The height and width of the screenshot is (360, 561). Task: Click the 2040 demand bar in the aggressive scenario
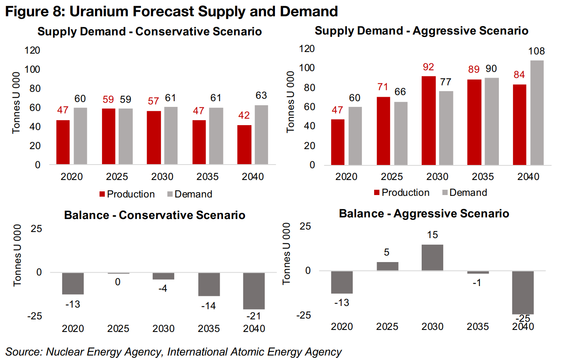pos(537,113)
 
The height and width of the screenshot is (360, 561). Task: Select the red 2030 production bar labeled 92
pos(429,120)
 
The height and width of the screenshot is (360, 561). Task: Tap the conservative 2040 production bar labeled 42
pos(244,145)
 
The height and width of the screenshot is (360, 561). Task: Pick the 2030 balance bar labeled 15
pos(432,258)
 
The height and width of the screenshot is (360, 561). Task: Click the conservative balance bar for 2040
pos(254,291)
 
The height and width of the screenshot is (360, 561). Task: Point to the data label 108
pos(536,51)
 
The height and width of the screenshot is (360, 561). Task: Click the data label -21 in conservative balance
pos(253,316)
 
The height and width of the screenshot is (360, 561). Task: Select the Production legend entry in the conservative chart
pos(127,194)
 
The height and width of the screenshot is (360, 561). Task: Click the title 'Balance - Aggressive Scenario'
pos(424,214)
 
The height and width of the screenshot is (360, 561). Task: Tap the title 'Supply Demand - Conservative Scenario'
pos(149,32)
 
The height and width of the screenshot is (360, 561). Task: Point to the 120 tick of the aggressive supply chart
pos(307,49)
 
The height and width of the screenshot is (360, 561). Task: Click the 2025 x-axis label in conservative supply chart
pos(117,177)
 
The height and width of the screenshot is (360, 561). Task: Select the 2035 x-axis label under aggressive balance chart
pos(478,327)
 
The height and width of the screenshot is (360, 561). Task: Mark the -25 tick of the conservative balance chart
pos(35,316)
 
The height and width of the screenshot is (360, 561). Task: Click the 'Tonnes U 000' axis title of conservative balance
pos(17,255)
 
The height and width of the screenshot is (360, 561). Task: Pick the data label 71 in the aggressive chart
pos(383,87)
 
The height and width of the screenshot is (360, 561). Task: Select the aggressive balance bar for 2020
pos(342,282)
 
